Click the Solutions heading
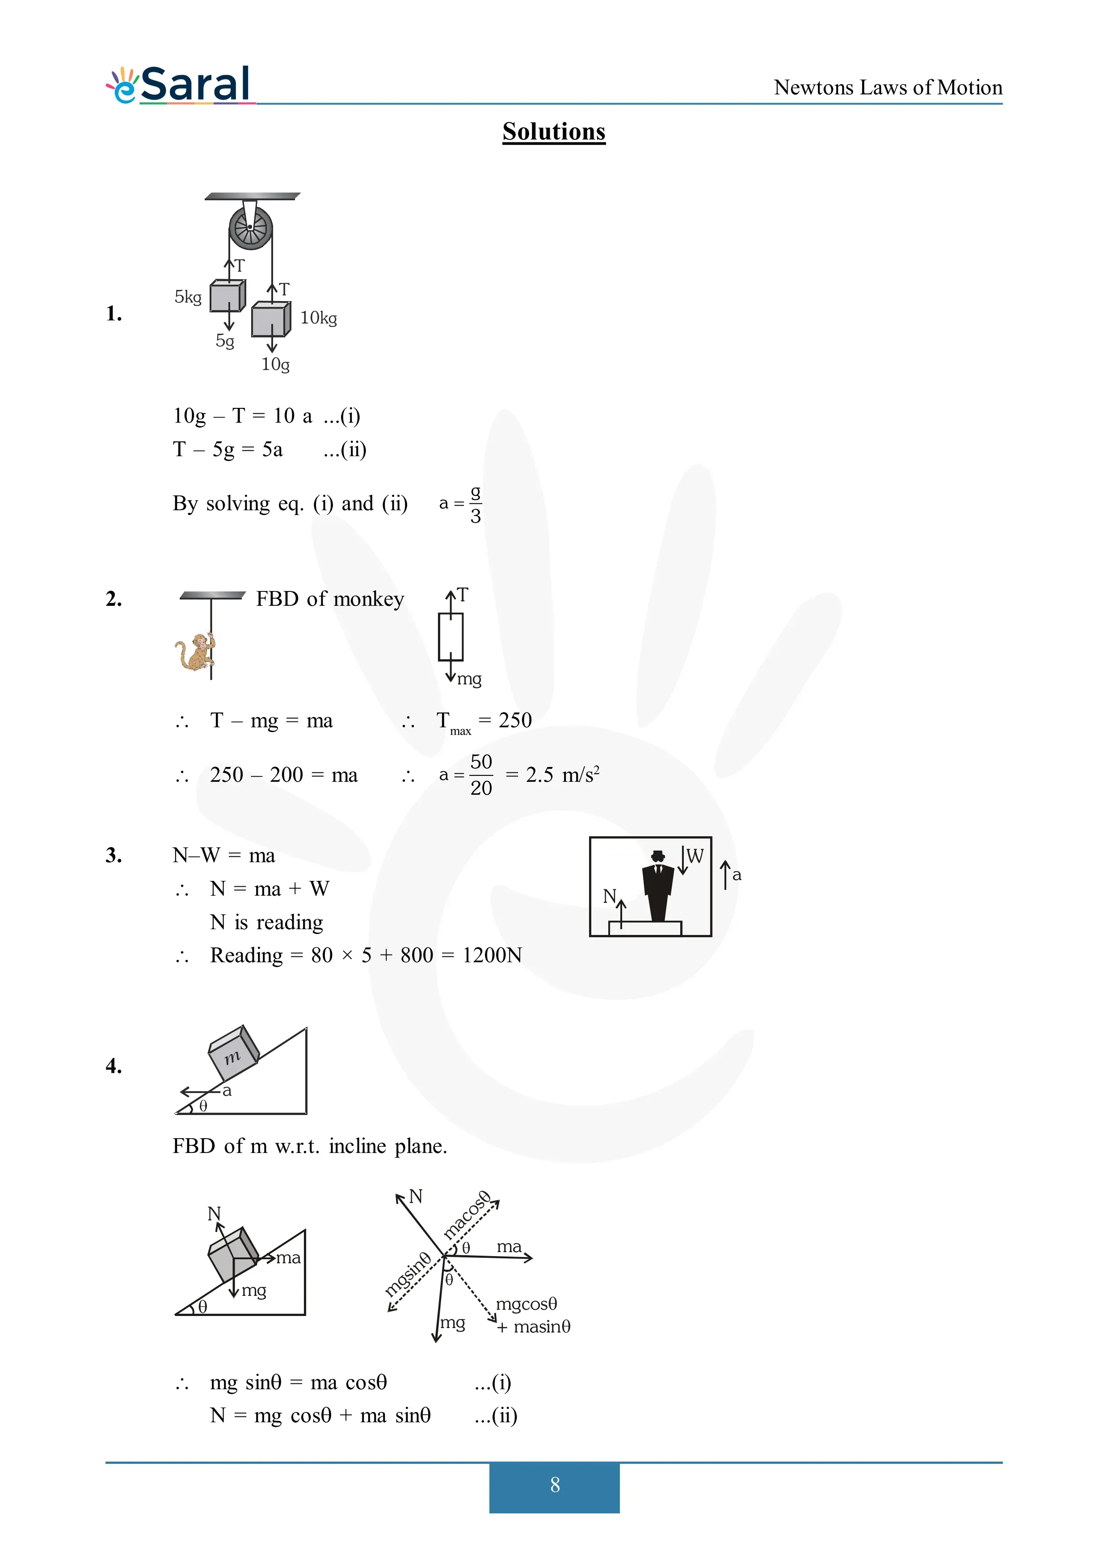pyautogui.click(x=554, y=132)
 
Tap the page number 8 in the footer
pyautogui.click(x=555, y=1484)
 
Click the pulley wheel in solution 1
pyautogui.click(x=251, y=227)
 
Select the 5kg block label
pyautogui.click(x=188, y=297)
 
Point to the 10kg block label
pyautogui.click(x=319, y=318)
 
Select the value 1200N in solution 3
pyautogui.click(x=492, y=955)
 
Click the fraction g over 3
pyautogui.click(x=476, y=504)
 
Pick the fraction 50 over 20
pyautogui.click(x=481, y=775)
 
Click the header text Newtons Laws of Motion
pyautogui.click(x=888, y=88)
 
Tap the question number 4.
pyautogui.click(x=114, y=1066)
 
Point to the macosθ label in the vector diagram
pyautogui.click(x=468, y=1215)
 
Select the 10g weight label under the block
pyautogui.click(x=276, y=365)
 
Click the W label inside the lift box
pyautogui.click(x=695, y=856)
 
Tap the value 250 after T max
pyautogui.click(x=515, y=720)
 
